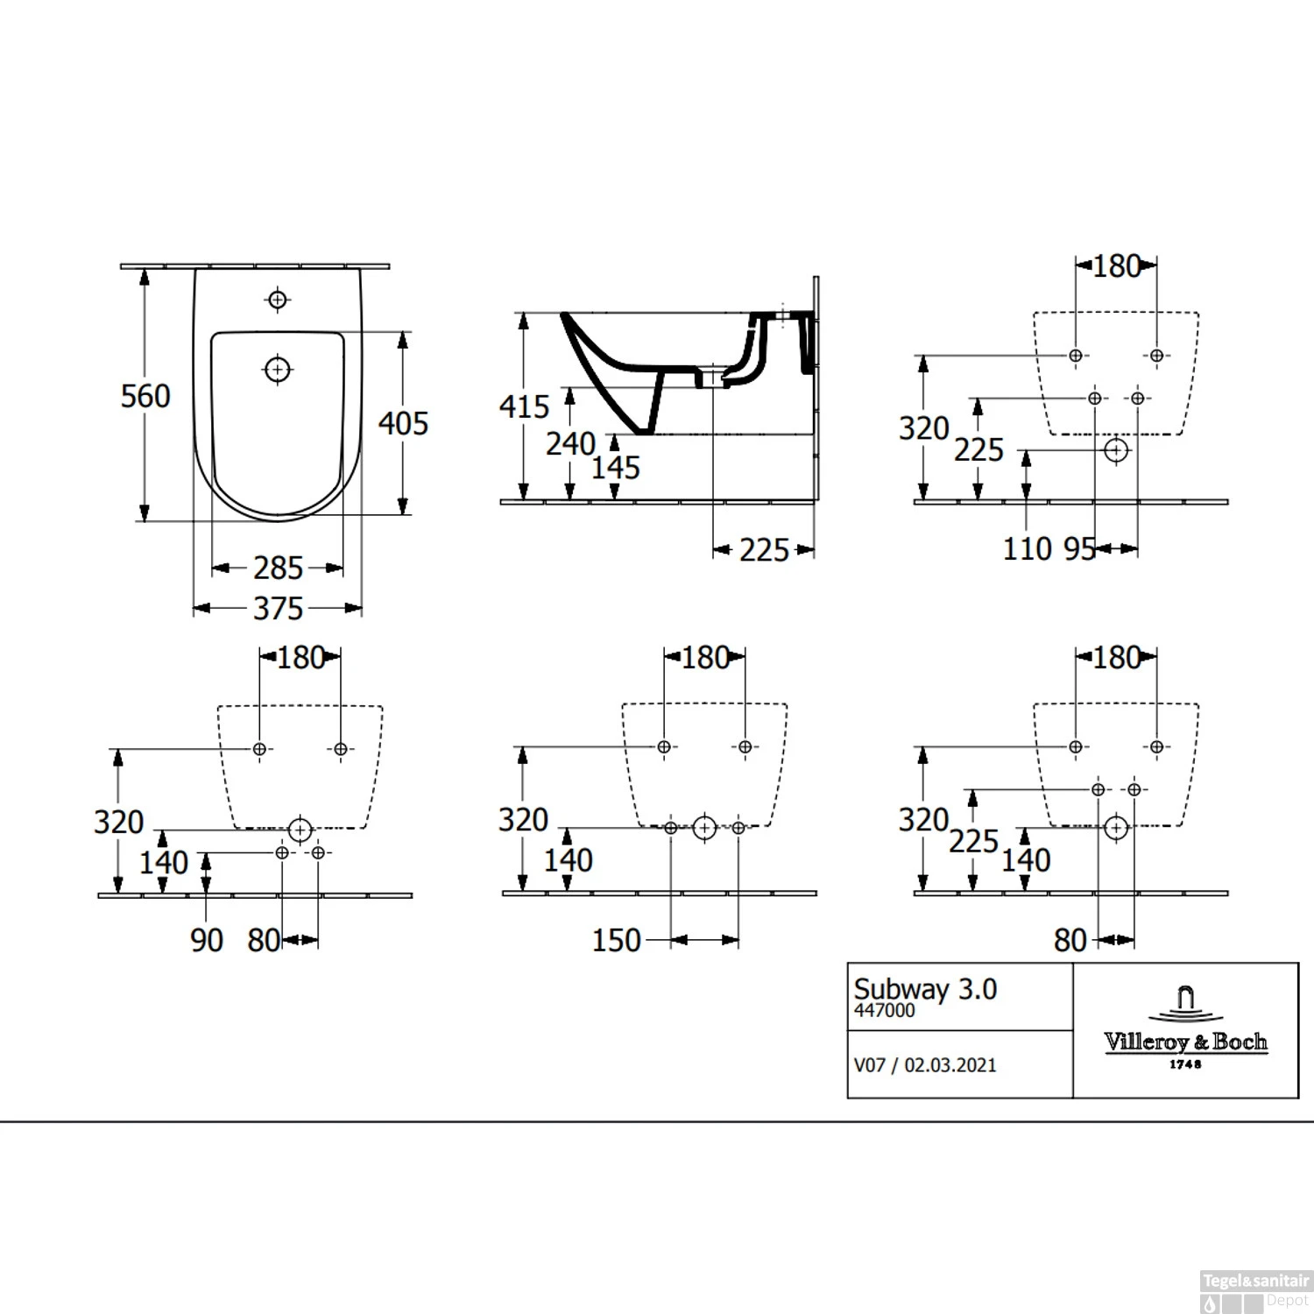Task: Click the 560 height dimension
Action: point(145,396)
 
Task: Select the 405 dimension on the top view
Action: point(403,423)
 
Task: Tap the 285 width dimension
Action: point(278,569)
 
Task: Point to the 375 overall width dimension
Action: point(278,609)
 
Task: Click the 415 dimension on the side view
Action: point(524,406)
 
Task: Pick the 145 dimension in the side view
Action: point(615,468)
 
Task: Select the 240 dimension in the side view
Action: point(570,443)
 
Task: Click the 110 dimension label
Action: point(1027,549)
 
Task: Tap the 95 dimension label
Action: point(1079,549)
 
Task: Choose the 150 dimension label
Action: point(617,941)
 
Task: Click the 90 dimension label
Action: point(207,941)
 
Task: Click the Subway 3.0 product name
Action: point(925,989)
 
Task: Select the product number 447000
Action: point(885,1011)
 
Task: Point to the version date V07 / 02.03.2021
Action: point(925,1065)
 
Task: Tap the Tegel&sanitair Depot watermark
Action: point(1254,1289)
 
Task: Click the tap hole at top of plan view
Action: point(278,300)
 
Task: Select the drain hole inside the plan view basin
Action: point(278,370)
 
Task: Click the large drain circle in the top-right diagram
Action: point(1116,450)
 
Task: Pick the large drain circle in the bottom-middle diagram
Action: point(704,828)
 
